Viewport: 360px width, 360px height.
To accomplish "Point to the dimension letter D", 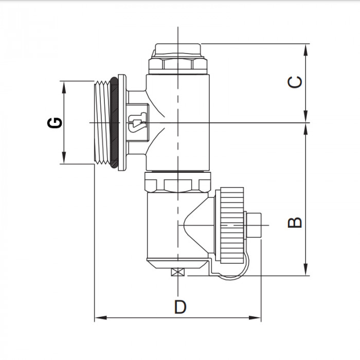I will point(179,307).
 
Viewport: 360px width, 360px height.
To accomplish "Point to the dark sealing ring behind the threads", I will point(119,122).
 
